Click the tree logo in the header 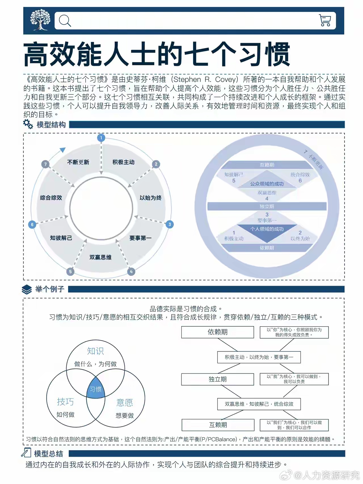pos(40,20)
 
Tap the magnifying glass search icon pos(65,21)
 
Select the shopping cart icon pos(325,20)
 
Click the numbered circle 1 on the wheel pos(101,138)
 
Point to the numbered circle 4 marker pos(131,272)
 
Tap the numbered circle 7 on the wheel pos(45,164)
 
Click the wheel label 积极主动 pos(123,162)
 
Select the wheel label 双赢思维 pos(100,257)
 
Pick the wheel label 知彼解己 pos(61,238)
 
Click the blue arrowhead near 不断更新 pos(63,150)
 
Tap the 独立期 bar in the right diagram pos(267,206)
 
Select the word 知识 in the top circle pos(95,351)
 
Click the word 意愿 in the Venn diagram pos(124,402)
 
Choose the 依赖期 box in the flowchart pos(218,332)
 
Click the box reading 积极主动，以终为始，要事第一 pos(259,357)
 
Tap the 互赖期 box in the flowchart pos(218,425)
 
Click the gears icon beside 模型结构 pos(28,124)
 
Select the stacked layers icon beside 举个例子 pos(27,289)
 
